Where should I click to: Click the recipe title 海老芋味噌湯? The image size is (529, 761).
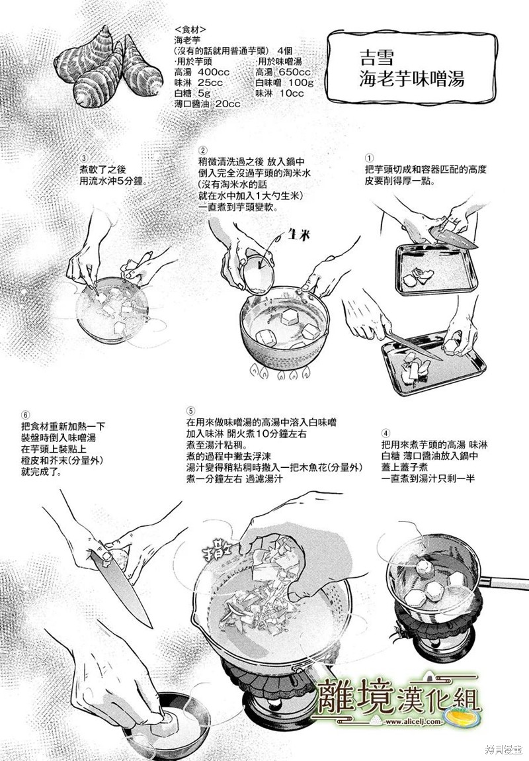click(x=412, y=78)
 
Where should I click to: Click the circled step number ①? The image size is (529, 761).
click(x=370, y=158)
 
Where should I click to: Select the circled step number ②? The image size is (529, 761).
click(x=203, y=151)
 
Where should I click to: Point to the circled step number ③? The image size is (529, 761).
click(x=84, y=158)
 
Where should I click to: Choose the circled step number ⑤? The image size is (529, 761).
click(x=190, y=410)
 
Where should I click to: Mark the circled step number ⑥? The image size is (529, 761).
click(x=26, y=416)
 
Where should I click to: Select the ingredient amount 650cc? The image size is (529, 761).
click(x=295, y=72)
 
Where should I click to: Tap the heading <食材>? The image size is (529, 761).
click(x=192, y=29)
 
